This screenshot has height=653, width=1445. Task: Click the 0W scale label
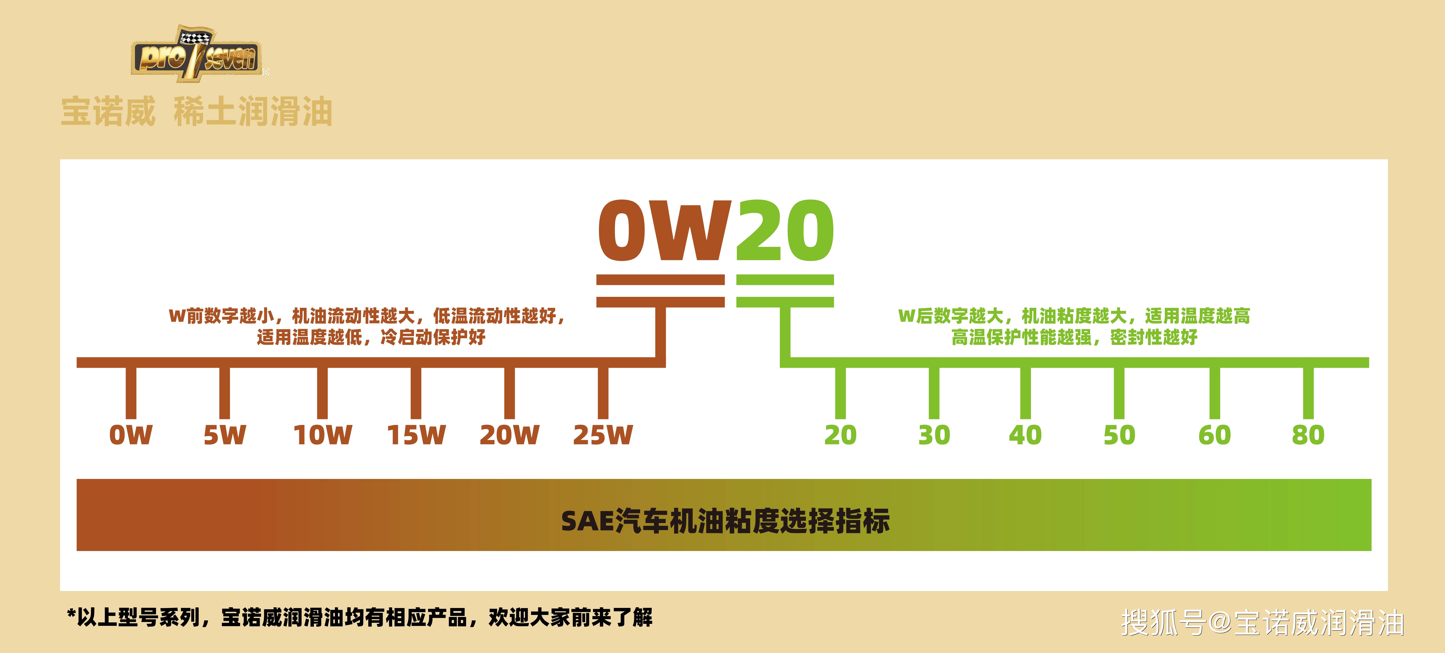131,435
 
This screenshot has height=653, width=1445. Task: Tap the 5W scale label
224,435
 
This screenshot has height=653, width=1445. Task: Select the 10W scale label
323,435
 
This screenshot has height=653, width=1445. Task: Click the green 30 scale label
934,435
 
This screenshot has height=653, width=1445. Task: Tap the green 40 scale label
1025,435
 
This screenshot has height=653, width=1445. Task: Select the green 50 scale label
1119,435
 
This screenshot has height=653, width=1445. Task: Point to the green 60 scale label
1214,435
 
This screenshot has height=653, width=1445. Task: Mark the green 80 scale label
1308,435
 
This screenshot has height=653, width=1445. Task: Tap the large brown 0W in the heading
665,231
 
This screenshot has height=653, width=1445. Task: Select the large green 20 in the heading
784,231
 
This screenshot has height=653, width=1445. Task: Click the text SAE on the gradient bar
587,521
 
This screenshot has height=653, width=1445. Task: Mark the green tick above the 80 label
1308,392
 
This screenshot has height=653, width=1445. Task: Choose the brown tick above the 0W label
131,392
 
